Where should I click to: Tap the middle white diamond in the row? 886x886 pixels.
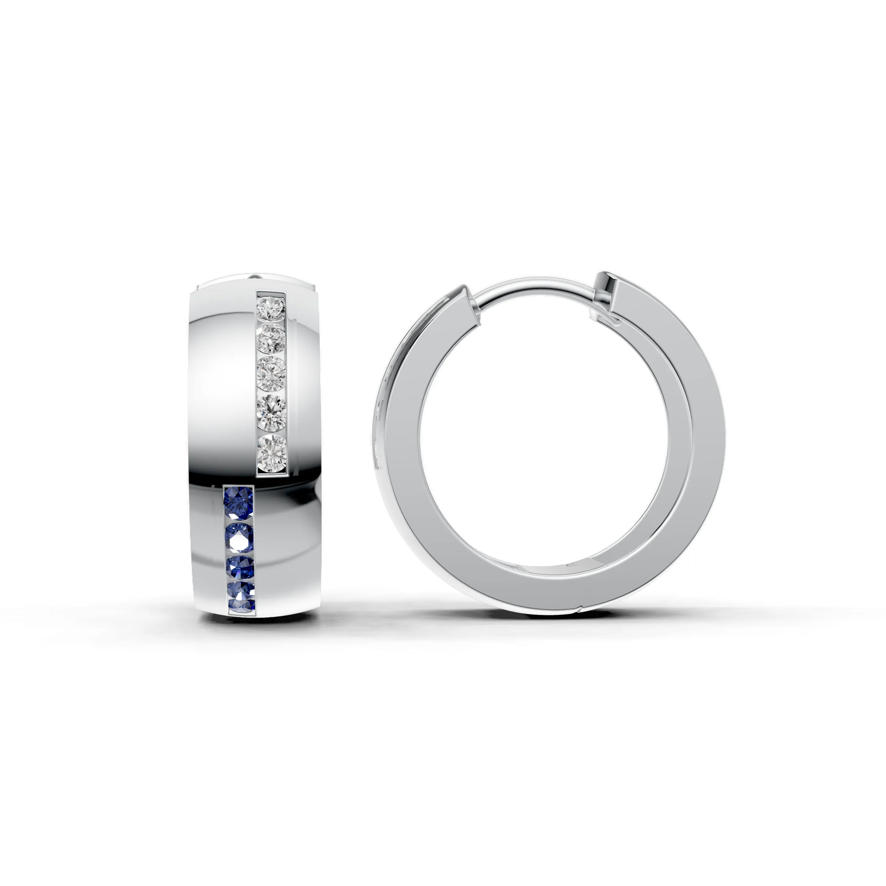point(271,373)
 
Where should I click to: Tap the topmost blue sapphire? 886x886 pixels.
point(238,502)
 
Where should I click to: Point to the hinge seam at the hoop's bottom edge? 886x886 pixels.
point(579,610)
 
